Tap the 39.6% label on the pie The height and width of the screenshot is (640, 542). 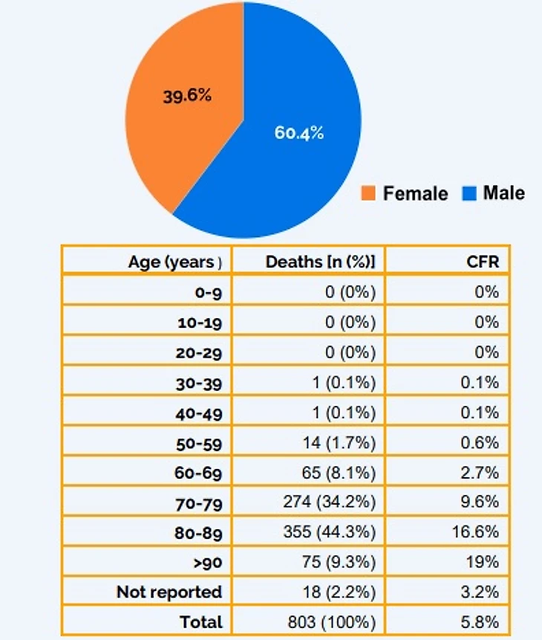point(187,96)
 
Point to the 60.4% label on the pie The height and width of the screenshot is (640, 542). point(299,135)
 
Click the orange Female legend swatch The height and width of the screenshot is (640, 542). point(369,194)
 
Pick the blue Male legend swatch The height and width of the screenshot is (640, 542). point(468,194)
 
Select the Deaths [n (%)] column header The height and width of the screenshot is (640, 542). point(320,262)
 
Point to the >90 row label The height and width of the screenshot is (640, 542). point(207,562)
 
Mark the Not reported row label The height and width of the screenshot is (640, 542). point(169,592)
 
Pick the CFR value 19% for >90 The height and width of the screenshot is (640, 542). point(486,562)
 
